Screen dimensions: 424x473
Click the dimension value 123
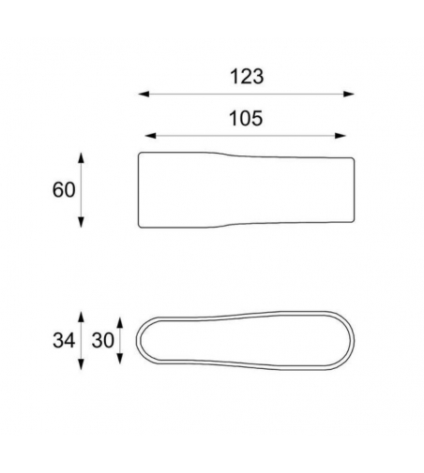click(x=247, y=77)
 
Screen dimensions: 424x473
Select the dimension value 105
click(x=246, y=119)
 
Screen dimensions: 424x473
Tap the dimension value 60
click(x=64, y=190)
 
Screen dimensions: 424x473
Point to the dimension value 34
click(x=64, y=340)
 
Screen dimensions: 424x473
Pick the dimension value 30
click(x=103, y=340)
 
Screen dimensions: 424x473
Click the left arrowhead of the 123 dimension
click(x=144, y=94)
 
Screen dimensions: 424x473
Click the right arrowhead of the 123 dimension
click(x=349, y=94)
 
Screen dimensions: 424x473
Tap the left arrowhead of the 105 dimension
click(x=150, y=136)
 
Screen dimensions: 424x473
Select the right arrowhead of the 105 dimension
click(x=341, y=136)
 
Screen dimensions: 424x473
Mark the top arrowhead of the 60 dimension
click(x=81, y=158)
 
